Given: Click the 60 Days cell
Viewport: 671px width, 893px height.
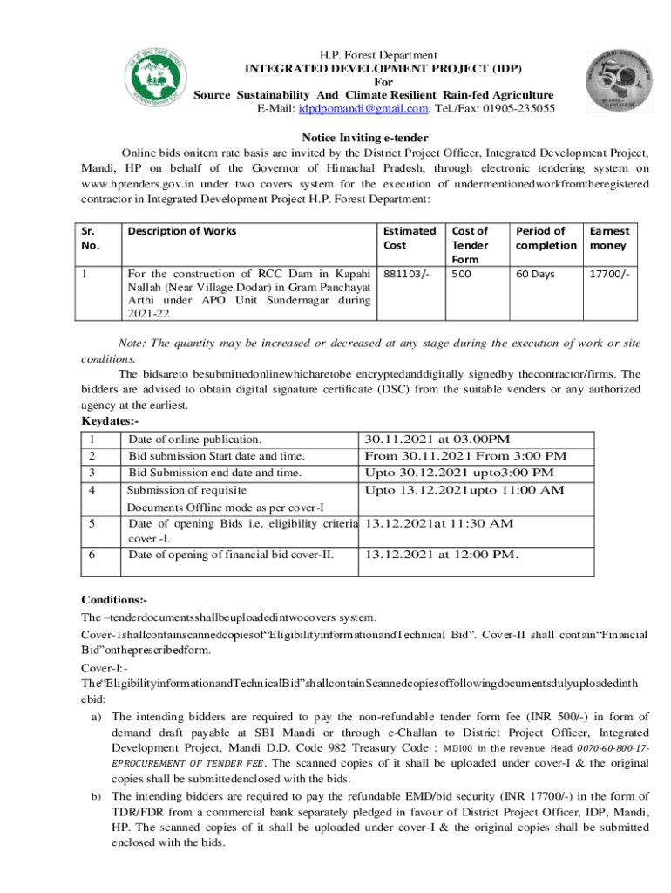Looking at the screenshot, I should click(x=535, y=274).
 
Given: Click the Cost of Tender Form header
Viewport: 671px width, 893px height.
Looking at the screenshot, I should click(x=471, y=244).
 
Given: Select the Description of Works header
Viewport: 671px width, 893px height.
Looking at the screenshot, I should click(x=181, y=231).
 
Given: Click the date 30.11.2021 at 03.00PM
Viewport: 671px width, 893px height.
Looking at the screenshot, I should click(x=437, y=439).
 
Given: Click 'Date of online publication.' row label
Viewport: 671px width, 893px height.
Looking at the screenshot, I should click(x=195, y=439).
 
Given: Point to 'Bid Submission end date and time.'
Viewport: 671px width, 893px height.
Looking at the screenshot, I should click(x=215, y=473).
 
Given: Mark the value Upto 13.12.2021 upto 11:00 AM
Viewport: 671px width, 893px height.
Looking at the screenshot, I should click(x=464, y=490).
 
